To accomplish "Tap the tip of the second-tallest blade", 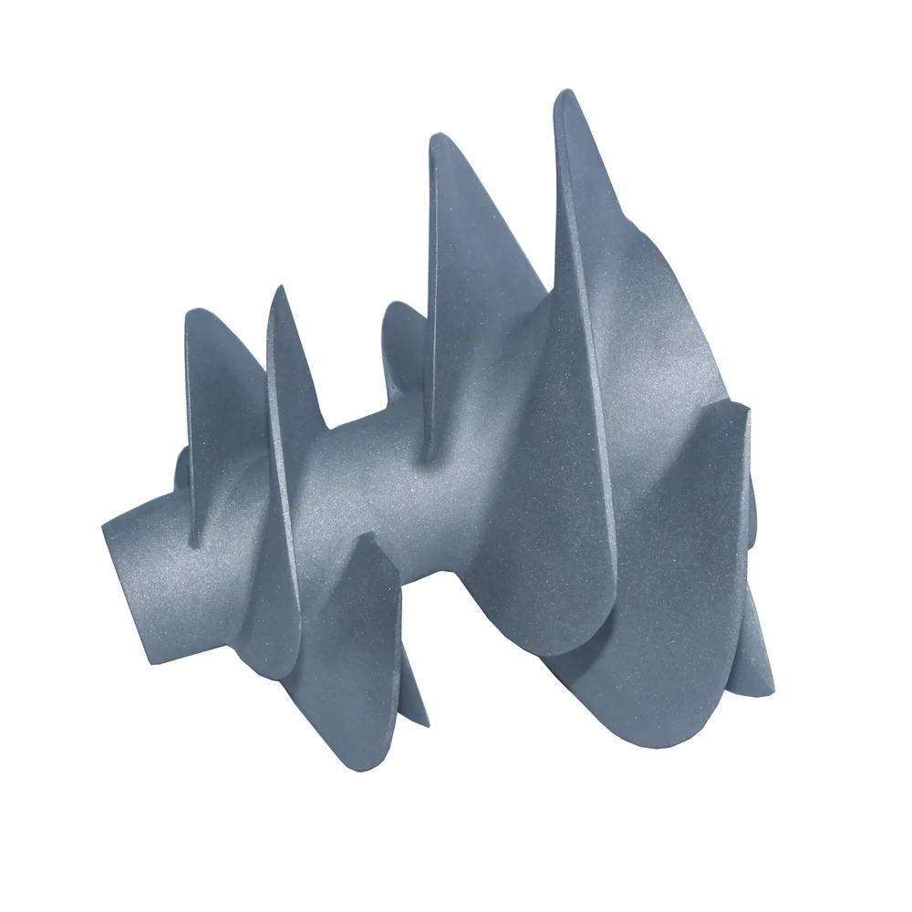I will pyautogui.click(x=436, y=139).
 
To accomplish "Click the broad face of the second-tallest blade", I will pyautogui.click(x=483, y=301).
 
